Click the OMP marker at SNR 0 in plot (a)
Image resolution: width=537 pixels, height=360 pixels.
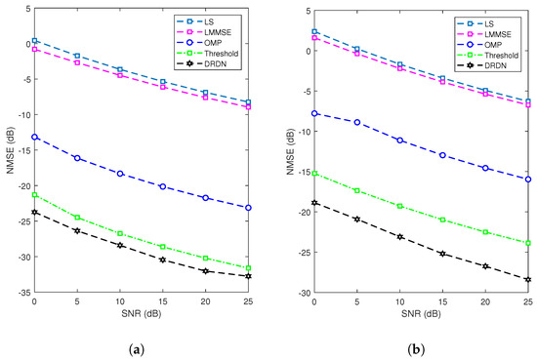(35, 137)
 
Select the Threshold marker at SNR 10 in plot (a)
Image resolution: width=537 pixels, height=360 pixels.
(120, 234)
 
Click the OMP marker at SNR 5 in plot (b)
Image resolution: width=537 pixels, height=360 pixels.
(356, 122)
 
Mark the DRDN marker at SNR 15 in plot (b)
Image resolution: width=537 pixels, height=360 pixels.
(442, 254)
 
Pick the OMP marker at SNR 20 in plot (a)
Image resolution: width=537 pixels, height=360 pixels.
(206, 198)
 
